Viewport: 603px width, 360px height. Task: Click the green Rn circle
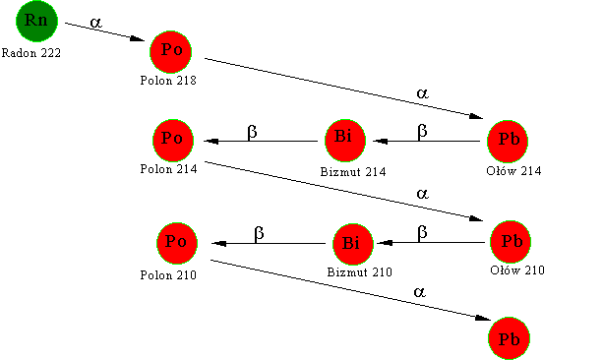(37, 21)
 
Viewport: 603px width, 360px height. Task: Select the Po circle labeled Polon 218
(171, 52)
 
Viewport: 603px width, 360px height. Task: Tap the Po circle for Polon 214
(173, 141)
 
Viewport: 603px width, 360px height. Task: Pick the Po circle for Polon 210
(177, 243)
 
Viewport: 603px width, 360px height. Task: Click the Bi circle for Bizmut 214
(345, 141)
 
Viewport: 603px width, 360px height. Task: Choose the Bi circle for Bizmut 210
(352, 244)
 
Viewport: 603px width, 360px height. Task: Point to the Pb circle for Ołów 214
(508, 142)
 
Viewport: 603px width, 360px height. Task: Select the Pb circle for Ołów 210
(511, 242)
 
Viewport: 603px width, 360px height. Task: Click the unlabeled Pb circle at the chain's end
(510, 338)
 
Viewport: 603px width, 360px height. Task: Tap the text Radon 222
(31, 53)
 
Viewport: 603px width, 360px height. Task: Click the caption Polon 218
(168, 81)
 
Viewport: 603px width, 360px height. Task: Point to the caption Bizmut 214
(353, 171)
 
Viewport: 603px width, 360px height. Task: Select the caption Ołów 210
(517, 270)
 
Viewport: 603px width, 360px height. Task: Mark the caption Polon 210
(168, 275)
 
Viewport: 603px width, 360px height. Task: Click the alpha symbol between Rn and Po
(95, 23)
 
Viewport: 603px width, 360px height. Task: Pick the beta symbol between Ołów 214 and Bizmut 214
(422, 131)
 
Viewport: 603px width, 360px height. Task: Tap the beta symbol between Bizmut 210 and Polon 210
(259, 233)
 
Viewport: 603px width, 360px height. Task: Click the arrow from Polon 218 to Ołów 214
(344, 89)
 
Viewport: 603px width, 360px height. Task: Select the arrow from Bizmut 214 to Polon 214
(261, 142)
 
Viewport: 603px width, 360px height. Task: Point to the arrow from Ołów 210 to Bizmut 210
(431, 243)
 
